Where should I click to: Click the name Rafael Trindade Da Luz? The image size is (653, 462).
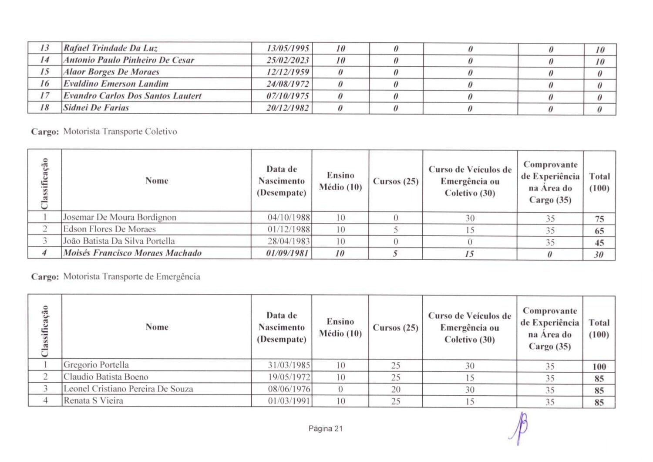point(111,48)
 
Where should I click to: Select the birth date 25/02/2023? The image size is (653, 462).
point(288,60)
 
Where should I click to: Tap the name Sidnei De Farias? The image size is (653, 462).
point(96,107)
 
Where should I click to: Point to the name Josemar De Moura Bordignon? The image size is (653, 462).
point(120,217)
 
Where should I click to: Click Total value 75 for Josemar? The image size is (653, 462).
point(599,219)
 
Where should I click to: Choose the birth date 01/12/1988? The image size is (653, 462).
point(289,229)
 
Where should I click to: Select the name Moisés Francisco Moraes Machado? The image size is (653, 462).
point(132,253)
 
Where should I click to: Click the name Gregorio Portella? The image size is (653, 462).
point(96,365)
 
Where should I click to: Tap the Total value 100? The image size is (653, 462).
point(599,367)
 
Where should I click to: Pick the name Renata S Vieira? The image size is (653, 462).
point(93,401)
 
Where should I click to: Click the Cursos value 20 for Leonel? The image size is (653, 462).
point(395,389)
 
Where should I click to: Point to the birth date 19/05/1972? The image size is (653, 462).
point(289,377)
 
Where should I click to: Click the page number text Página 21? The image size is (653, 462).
point(326,429)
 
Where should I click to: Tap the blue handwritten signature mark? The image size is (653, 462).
point(520,427)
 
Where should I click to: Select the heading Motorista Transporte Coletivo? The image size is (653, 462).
point(120,132)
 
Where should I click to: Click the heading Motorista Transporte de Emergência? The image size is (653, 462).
point(131,277)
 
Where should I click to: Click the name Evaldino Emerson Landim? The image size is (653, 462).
point(116,84)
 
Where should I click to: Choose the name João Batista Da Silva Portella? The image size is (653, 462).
point(119,241)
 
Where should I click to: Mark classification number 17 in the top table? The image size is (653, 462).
point(44,95)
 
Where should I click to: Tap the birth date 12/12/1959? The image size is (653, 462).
point(288,72)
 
